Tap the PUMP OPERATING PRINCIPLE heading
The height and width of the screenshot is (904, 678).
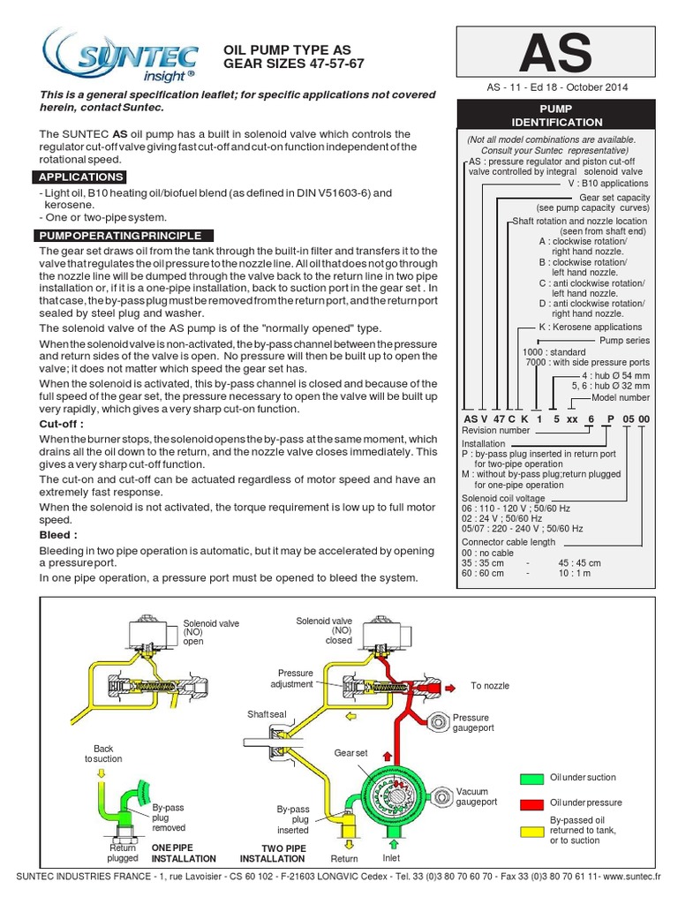click(118, 236)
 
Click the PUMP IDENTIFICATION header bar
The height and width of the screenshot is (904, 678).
click(556, 115)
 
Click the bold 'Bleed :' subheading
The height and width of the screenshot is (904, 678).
click(57, 535)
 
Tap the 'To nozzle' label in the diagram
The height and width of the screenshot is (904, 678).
click(490, 685)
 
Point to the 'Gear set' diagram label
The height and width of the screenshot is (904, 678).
click(350, 752)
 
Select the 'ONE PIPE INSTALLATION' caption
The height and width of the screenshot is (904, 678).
click(184, 852)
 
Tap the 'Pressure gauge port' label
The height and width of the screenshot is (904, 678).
click(472, 723)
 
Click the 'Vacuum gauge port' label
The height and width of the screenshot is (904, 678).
click(477, 796)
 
